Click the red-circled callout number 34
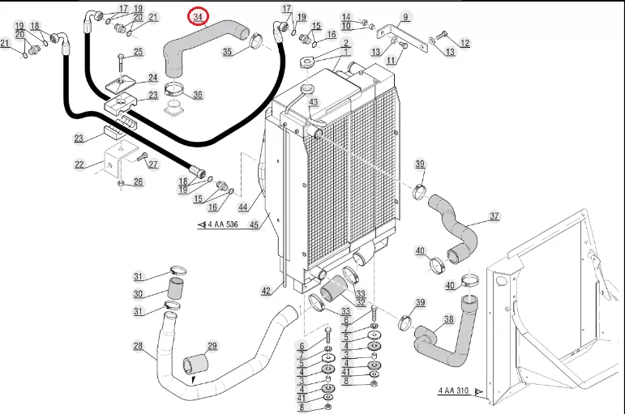coord(198,17)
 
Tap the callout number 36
coord(198,95)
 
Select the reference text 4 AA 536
coord(223,224)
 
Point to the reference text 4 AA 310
coord(454,391)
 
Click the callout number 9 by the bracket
coord(406,17)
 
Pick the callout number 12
coord(464,43)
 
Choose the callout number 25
coord(138,51)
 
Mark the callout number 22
coord(79,164)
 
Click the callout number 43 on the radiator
coord(314,102)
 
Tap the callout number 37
coord(494,216)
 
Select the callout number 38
coord(449,319)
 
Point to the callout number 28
coord(138,345)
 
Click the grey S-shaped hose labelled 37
coord(454,228)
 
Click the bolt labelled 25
coord(120,66)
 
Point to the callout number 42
coord(266,292)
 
